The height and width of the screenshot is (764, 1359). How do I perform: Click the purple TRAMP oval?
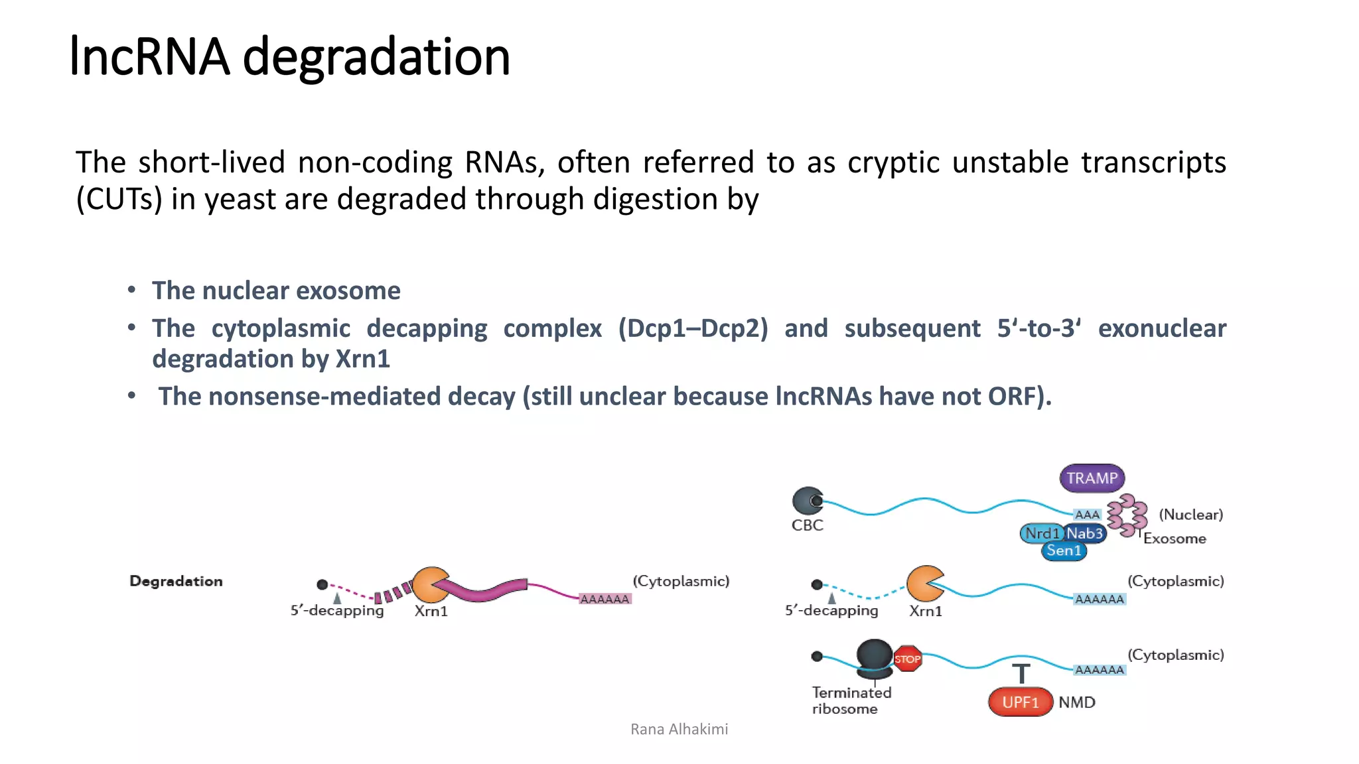point(1092,478)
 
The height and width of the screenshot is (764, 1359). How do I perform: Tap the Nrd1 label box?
point(1041,533)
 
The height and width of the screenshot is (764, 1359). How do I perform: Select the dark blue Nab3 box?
point(1085,533)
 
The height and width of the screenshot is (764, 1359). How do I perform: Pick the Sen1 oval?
point(1064,550)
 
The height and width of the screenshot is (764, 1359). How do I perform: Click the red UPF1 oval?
point(1021,702)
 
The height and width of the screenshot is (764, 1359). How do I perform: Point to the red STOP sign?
point(907,659)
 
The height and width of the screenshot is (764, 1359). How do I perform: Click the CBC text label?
point(807,525)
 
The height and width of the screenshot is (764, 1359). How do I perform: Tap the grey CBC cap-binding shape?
point(808,501)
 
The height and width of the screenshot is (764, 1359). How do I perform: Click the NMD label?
point(1076,702)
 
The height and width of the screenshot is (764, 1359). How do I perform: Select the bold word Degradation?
point(176,582)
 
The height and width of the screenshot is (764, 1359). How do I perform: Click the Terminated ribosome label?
point(851,700)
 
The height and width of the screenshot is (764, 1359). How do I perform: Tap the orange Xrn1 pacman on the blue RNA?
point(924,583)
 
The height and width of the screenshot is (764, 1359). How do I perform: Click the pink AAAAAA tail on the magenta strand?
point(605,599)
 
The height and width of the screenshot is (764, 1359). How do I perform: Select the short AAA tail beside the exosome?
point(1087,515)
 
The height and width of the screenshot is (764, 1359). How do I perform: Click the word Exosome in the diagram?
point(1174,539)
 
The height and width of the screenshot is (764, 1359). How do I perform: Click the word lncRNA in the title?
point(149,57)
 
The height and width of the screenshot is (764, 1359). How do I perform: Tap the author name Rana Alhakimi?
point(679,730)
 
